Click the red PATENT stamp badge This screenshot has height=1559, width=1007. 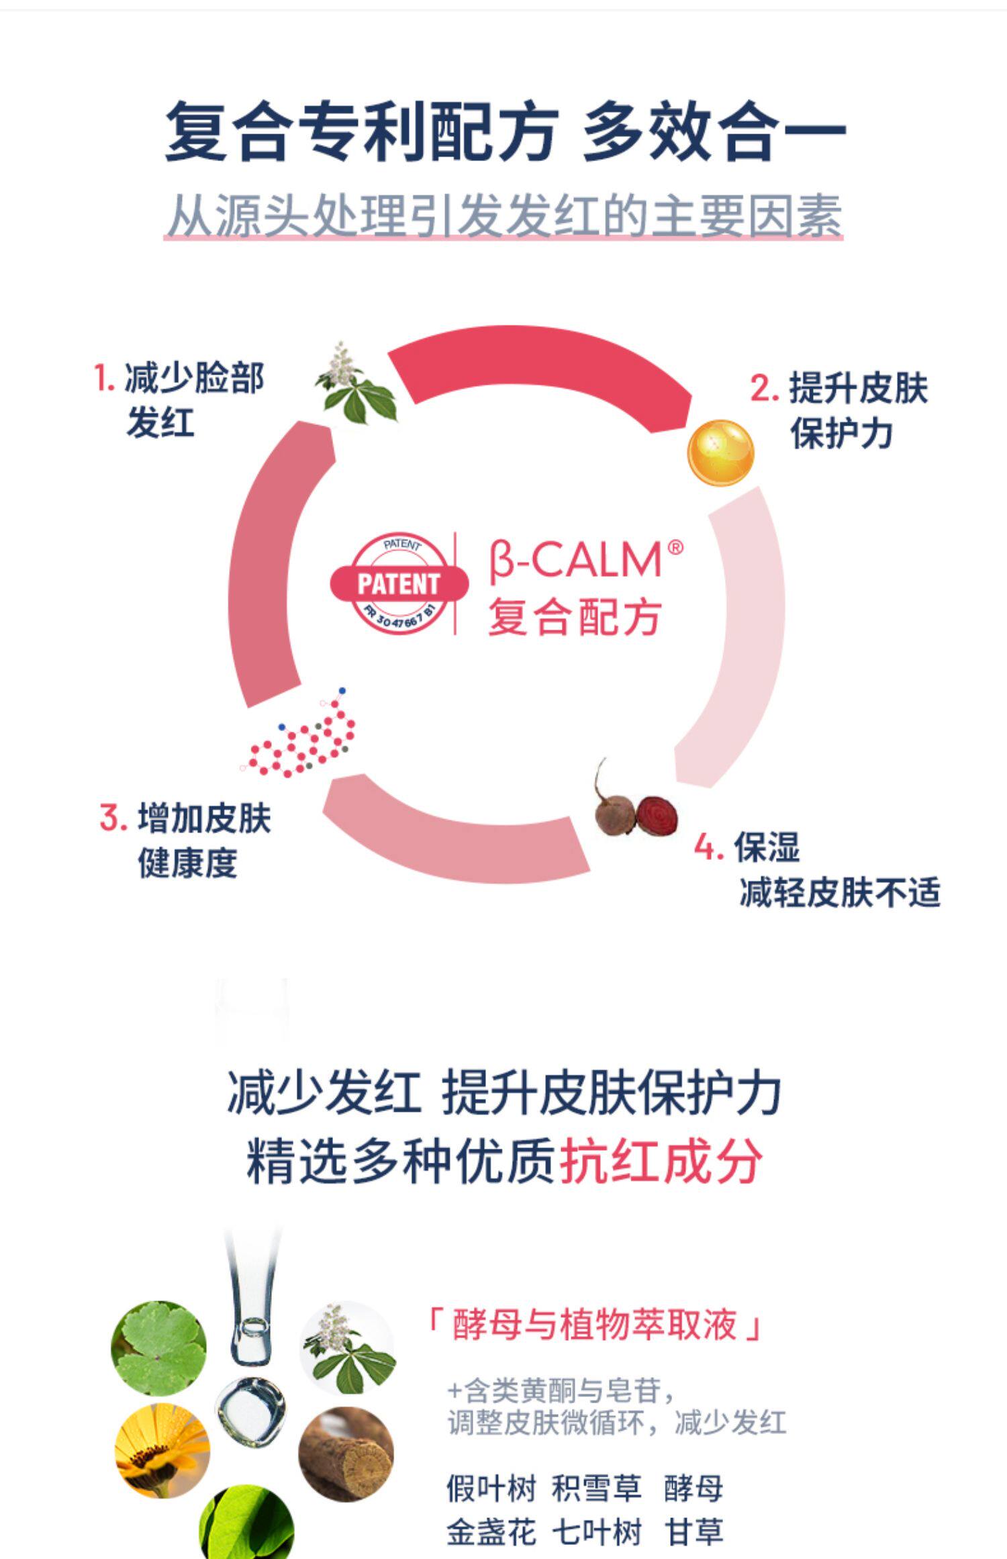tap(399, 583)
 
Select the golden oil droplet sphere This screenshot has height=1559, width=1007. tap(720, 452)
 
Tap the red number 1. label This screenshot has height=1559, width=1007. tap(105, 377)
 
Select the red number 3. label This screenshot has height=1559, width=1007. tap(113, 818)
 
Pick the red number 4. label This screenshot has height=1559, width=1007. tap(709, 847)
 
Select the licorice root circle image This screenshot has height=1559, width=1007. tap(346, 1453)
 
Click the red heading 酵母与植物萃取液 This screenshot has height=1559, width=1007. tap(595, 1324)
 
